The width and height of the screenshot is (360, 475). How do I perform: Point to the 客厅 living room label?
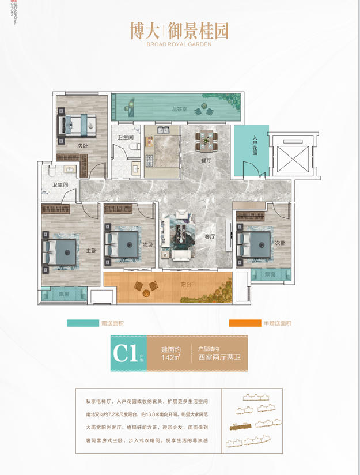point(210,236)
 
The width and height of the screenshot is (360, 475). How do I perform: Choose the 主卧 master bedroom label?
point(91,251)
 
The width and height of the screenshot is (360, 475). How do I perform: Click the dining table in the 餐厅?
point(206,139)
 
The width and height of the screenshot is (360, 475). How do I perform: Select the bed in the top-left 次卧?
point(75,122)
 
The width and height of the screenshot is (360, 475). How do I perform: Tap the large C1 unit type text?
point(125,353)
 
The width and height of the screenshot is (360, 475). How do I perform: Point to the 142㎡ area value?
point(170,358)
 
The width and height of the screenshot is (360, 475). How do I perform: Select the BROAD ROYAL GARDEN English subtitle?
point(180,44)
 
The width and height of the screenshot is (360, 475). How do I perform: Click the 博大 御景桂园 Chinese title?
point(180,29)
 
